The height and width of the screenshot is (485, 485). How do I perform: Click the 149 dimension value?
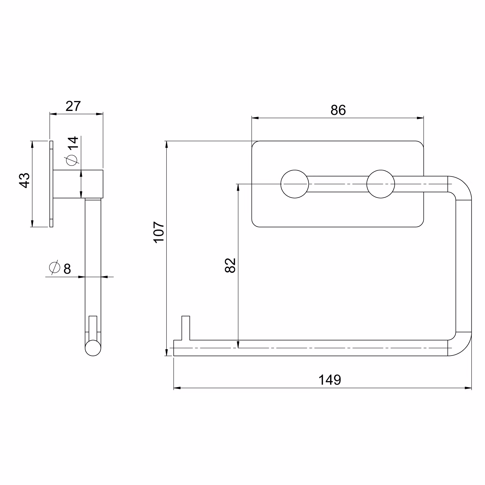(330, 380)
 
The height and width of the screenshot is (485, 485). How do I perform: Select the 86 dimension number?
(338, 110)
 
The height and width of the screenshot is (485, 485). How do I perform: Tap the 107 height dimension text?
(159, 232)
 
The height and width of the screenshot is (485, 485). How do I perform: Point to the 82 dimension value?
(231, 266)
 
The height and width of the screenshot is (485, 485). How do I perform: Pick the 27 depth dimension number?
(73, 106)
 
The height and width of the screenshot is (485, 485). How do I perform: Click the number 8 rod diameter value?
(67, 269)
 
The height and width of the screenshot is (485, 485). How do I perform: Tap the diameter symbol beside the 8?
(54, 267)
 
